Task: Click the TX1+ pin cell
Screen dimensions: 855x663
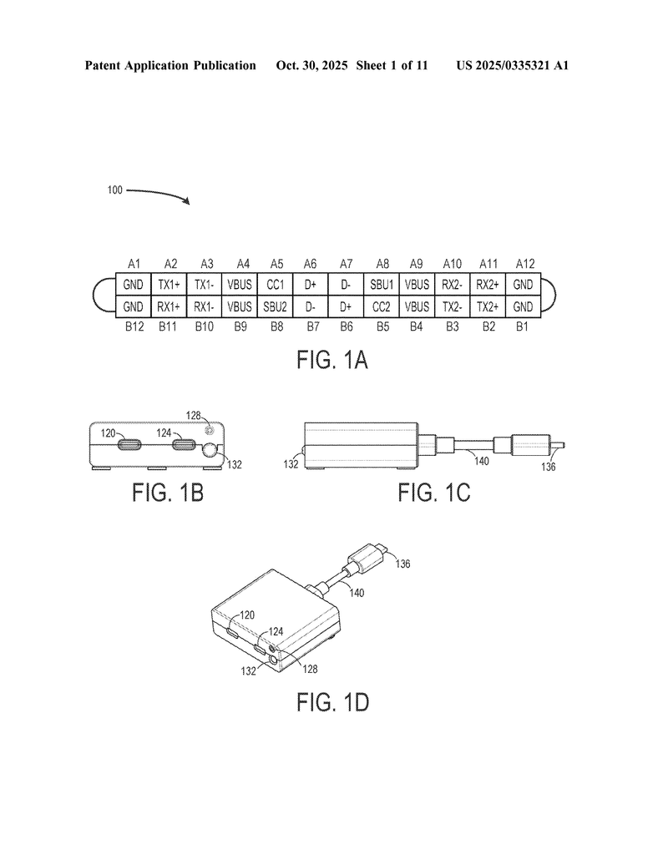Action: pos(170,284)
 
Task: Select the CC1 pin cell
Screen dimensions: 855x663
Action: pos(275,284)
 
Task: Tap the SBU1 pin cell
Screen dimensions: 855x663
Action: pos(381,284)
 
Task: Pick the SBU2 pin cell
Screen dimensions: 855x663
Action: pos(275,306)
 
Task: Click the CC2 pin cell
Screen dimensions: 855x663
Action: pos(381,306)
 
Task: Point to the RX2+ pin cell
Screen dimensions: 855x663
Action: pos(487,284)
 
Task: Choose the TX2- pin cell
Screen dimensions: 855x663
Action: pos(452,306)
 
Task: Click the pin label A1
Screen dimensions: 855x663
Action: pos(134,263)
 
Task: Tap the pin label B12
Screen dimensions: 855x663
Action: pos(134,326)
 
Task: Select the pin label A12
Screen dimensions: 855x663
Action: pos(524,263)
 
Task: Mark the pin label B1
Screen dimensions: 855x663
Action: pos(524,326)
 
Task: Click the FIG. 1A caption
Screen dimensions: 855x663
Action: pos(332,361)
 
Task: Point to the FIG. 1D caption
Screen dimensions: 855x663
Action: pos(332,702)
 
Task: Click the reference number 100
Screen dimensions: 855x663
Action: pos(114,190)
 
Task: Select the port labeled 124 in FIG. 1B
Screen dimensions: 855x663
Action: pos(183,445)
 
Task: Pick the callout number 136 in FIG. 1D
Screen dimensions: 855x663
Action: pos(402,564)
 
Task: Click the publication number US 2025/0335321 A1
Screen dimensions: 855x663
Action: pos(512,65)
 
